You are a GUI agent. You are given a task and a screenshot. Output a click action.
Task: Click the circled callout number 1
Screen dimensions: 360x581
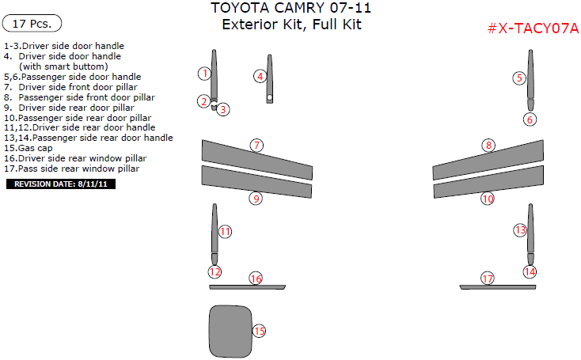point(204,74)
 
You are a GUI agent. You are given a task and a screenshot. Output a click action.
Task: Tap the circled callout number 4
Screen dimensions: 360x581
point(260,77)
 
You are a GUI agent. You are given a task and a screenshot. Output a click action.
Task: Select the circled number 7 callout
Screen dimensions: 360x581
point(256,145)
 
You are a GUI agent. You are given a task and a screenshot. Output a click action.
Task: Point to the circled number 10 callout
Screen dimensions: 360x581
point(488,199)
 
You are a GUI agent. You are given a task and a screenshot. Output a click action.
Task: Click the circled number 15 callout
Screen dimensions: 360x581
point(259,331)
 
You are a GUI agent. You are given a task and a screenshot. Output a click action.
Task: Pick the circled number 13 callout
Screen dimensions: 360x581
point(520,230)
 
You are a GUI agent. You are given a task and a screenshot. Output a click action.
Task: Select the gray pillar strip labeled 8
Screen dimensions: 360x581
point(488,159)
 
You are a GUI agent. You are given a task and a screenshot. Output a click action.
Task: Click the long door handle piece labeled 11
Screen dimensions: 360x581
point(215,229)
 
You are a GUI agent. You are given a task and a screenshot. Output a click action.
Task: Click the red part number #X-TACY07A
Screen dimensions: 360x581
point(533,28)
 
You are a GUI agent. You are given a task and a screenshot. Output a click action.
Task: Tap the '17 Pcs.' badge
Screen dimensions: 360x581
point(32,24)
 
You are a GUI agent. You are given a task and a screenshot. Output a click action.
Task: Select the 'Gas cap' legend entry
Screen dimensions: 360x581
point(28,148)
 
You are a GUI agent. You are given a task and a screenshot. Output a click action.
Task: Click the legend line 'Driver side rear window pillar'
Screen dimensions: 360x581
point(75,158)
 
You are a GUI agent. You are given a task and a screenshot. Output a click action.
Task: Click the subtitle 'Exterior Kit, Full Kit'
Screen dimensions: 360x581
point(291,25)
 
